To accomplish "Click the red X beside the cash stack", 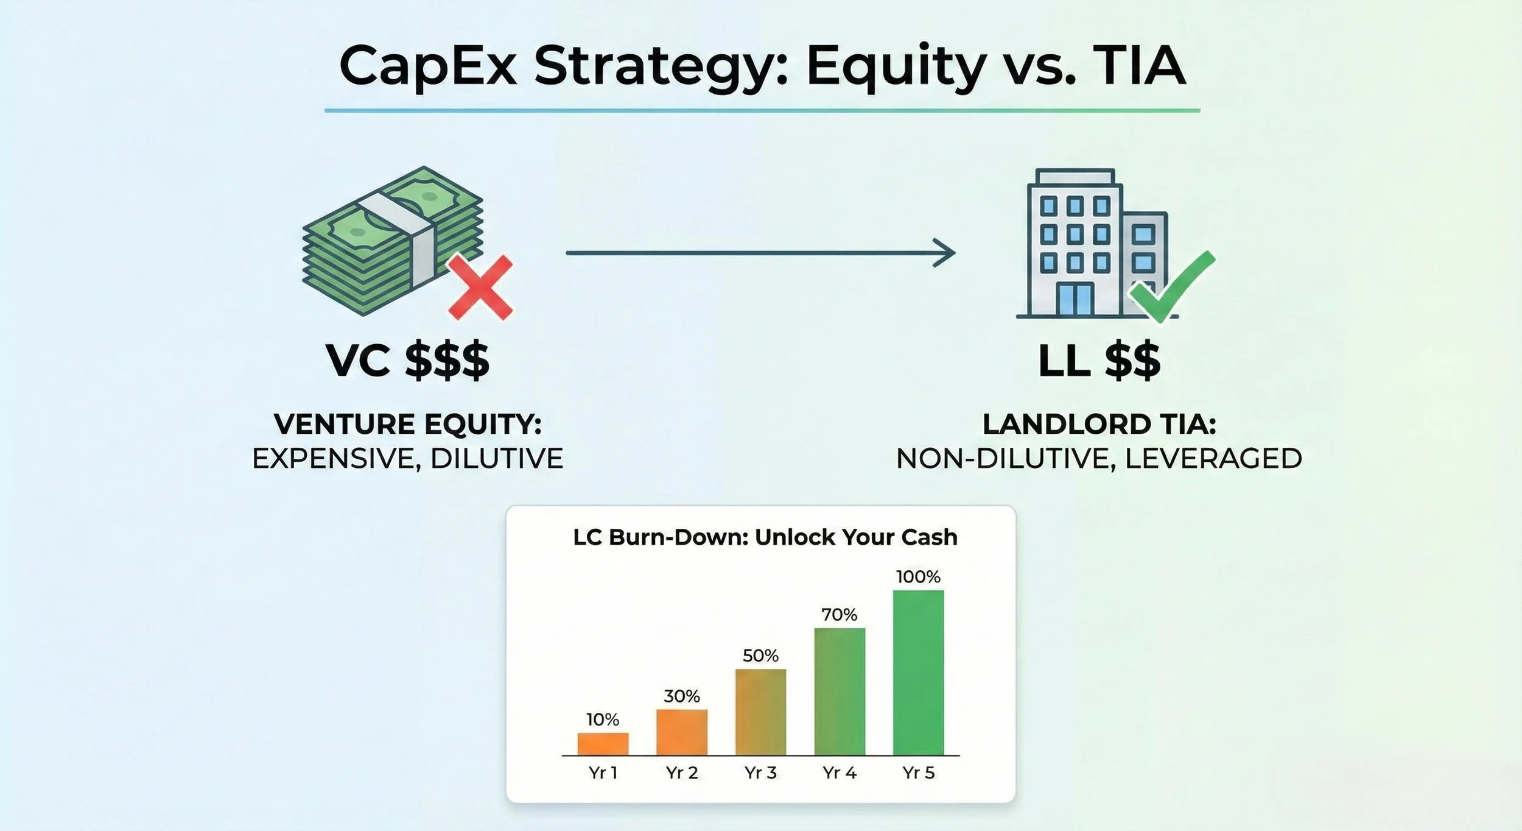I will (x=480, y=288).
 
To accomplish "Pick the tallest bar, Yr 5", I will (x=918, y=673).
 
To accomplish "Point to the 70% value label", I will (x=839, y=615).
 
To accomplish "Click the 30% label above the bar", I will (x=682, y=696).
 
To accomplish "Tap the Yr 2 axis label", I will (x=682, y=773).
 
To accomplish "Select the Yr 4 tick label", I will (x=839, y=773).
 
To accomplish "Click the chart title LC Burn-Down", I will (x=765, y=537).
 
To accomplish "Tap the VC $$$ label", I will (x=407, y=361).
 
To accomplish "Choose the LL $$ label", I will (x=1099, y=361).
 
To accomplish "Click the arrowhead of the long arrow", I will (x=945, y=253).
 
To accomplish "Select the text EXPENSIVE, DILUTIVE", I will (x=407, y=459).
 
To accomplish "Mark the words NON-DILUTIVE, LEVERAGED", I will (x=1099, y=459).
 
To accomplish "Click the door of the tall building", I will (x=1075, y=299).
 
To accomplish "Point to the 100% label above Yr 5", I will (x=918, y=576).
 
